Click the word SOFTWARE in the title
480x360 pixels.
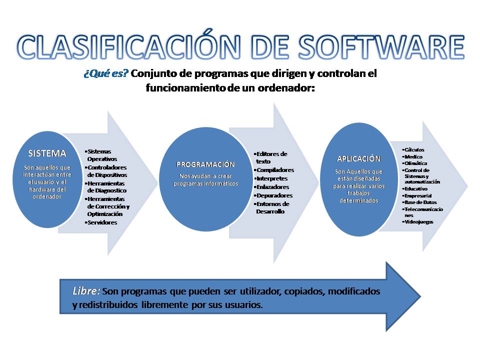pyautogui.click(x=380, y=47)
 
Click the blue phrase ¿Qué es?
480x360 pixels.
pyautogui.click(x=106, y=73)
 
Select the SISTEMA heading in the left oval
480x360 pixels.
pyautogui.click(x=47, y=153)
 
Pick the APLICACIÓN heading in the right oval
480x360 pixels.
pyautogui.click(x=358, y=158)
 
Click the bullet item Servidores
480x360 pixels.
pyautogui.click(x=102, y=222)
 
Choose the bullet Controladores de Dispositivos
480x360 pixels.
pyautogui.click(x=107, y=171)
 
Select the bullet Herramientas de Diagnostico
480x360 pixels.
pyautogui.click(x=106, y=186)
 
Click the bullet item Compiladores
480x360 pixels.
pyautogui.click(x=275, y=170)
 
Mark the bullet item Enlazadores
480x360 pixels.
pyautogui.click(x=272, y=187)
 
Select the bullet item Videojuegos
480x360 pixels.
pyautogui.click(x=419, y=221)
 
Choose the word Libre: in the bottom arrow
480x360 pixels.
pyautogui.click(x=86, y=290)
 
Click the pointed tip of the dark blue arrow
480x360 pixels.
pyautogui.click(x=420, y=296)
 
